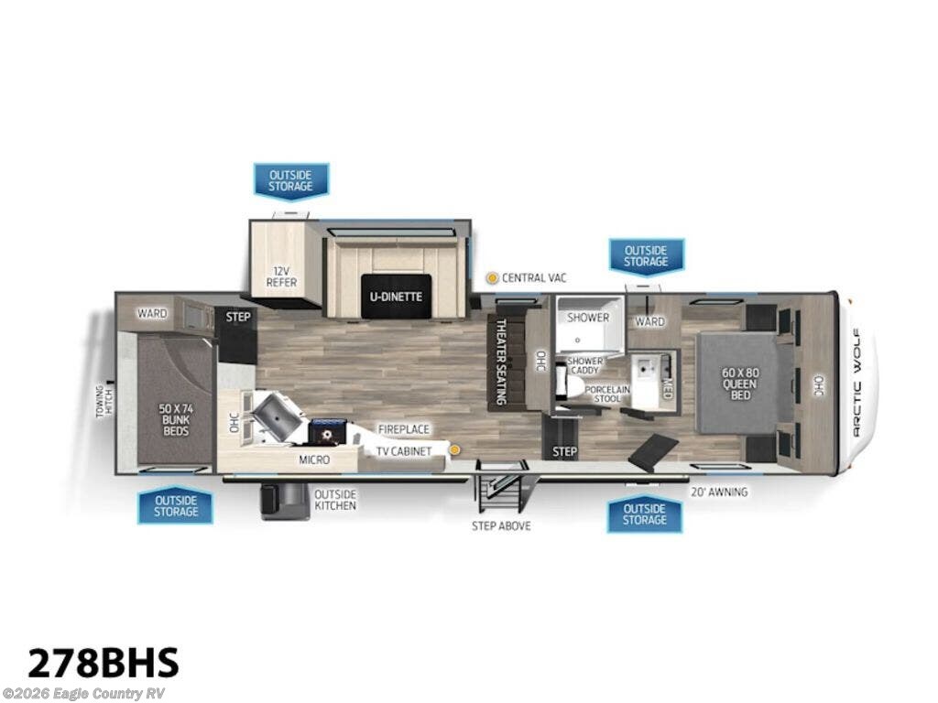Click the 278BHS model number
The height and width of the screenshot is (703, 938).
point(104,661)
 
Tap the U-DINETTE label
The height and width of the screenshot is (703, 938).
point(395,297)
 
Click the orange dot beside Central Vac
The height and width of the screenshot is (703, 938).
point(492,277)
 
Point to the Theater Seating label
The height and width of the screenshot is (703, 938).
point(501,361)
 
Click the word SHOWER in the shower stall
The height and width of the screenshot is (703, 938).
point(587,318)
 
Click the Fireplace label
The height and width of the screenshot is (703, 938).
point(403,428)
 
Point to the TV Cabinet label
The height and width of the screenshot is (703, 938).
point(403,450)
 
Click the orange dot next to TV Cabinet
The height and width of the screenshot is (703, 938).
point(453,449)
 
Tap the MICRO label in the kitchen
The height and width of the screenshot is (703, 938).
point(314,460)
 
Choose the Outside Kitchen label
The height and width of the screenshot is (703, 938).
point(334,499)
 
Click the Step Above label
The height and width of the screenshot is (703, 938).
point(501,525)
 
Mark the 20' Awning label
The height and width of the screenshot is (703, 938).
point(719,492)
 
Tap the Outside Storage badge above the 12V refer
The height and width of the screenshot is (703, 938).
point(290,179)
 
